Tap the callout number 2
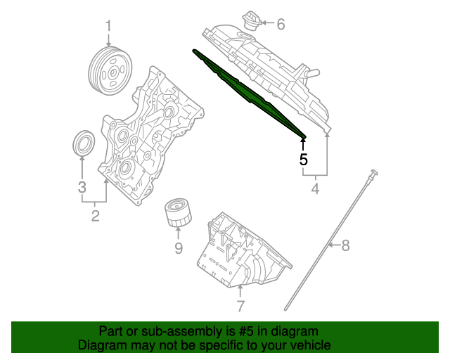[95, 216]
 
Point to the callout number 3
[82, 187]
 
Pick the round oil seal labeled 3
[84, 143]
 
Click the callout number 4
[314, 188]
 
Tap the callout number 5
[303, 160]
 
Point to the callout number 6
[281, 25]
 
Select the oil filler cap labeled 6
[249, 21]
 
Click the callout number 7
[240, 306]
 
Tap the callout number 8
[345, 245]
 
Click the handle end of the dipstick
[375, 173]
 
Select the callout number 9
[179, 247]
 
